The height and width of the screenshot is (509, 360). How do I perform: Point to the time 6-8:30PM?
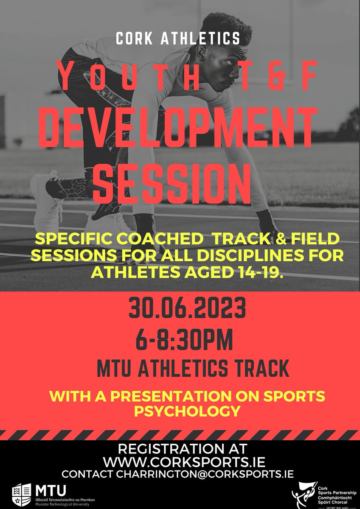tap(180, 341)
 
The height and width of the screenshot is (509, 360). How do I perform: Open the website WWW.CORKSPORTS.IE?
tap(180, 461)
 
